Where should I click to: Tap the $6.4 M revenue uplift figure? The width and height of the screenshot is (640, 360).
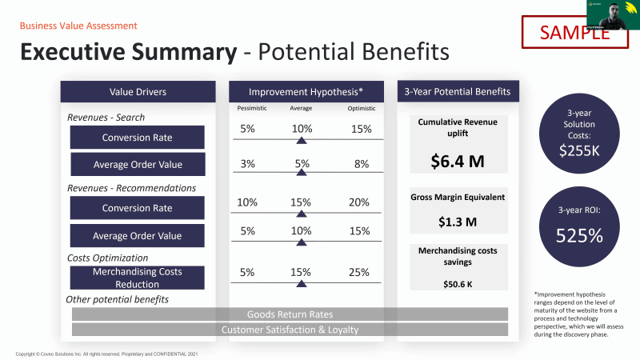452,162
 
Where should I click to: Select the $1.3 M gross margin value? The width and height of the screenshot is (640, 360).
452,222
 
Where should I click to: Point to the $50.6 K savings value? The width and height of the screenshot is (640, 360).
452,283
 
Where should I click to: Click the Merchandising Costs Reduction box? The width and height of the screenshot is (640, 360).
137,278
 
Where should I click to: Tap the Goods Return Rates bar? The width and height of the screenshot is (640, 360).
290,314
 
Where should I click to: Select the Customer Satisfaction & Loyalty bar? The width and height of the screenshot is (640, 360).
290,330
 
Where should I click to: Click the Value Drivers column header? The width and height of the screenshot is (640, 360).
138,92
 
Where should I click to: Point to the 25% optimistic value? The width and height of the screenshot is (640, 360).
359,272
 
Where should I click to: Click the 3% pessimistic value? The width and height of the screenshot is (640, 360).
247,164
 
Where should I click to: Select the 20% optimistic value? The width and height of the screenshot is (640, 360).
359,202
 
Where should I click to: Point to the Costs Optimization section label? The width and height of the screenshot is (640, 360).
108,258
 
